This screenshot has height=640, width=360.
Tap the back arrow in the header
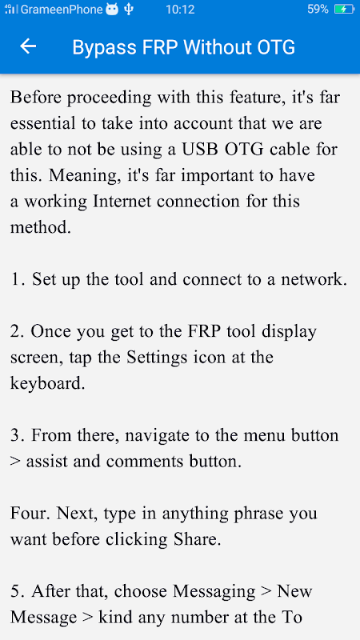[28, 46]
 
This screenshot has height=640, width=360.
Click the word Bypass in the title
[104, 48]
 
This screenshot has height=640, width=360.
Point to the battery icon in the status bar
[344, 9]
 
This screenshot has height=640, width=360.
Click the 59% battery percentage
[318, 9]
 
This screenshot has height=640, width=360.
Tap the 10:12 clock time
[180, 10]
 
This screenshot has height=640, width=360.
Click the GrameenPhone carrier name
[62, 10]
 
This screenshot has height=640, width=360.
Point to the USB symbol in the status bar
[129, 9]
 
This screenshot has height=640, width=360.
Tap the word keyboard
[47, 384]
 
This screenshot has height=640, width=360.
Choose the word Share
[198, 539]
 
